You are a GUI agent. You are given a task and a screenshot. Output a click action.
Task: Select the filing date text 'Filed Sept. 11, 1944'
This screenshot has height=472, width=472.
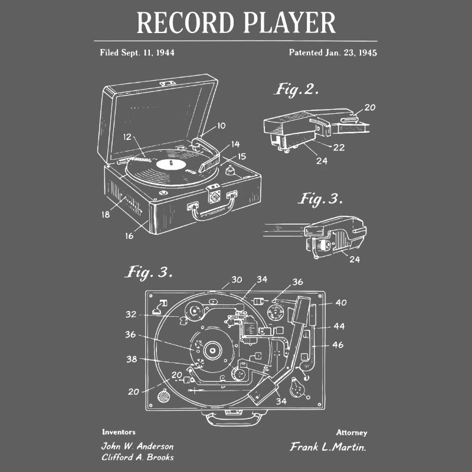click(x=137, y=53)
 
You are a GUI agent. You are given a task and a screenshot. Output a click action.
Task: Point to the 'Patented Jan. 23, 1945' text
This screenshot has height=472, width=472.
click(x=333, y=53)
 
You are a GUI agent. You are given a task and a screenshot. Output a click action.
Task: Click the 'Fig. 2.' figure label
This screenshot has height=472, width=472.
click(x=297, y=90)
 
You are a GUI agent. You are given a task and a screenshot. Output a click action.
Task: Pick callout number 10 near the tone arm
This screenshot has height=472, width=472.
click(x=221, y=125)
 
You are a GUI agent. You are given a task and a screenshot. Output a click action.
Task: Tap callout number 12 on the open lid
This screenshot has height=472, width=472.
click(x=127, y=136)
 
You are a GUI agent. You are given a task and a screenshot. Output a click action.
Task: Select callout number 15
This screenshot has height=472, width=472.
click(x=242, y=157)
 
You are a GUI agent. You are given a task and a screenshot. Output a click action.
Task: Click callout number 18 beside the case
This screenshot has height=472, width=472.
click(x=105, y=215)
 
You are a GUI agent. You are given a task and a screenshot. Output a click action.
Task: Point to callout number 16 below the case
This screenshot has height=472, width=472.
click(x=129, y=236)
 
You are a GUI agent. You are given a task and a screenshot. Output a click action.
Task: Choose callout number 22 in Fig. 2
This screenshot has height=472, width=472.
click(x=339, y=147)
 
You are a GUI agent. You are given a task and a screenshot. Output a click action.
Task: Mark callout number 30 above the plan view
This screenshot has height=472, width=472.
click(x=236, y=280)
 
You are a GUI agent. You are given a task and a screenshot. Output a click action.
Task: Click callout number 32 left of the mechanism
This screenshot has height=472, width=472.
click(x=130, y=314)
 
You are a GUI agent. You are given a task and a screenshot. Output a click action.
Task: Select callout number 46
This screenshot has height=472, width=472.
click(x=338, y=345)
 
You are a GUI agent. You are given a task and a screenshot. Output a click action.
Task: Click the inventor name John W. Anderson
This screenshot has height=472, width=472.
click(x=137, y=446)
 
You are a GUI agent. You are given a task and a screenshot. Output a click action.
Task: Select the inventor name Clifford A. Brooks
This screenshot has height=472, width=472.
click(x=137, y=457)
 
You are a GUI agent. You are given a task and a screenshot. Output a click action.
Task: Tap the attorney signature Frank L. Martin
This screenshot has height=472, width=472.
click(x=328, y=447)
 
